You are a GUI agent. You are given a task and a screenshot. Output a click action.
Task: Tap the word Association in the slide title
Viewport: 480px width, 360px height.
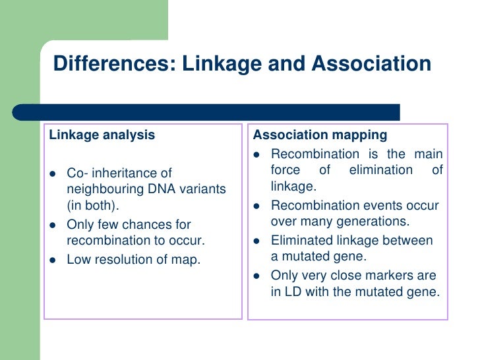pos(371,64)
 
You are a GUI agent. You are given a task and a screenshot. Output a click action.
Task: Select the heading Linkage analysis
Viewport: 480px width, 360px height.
pos(102,135)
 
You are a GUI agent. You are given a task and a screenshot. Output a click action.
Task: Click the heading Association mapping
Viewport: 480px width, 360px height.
pos(320,135)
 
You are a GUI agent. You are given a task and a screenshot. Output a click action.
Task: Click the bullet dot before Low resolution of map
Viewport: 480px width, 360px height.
pos(53,260)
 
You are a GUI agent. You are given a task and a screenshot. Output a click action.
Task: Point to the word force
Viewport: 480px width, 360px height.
pos(285,171)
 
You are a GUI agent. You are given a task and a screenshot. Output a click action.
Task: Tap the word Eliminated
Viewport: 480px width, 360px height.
pos(302,240)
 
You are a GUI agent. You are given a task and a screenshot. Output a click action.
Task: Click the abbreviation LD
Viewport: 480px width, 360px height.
pos(293,292)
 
